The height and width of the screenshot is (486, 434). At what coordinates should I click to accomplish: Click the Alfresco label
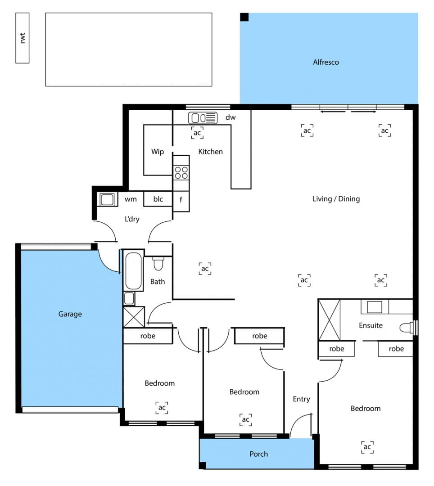click(x=326, y=62)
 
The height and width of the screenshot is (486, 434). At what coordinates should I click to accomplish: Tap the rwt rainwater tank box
click(x=23, y=38)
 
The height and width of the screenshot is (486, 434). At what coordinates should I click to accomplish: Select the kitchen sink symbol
click(x=203, y=118)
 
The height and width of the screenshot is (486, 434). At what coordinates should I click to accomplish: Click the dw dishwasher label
click(x=231, y=117)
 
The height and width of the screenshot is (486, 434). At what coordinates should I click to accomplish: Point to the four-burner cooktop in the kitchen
click(x=181, y=173)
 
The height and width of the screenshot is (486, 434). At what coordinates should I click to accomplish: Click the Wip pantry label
click(x=158, y=152)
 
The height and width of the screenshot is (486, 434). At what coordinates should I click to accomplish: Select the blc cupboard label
click(x=158, y=199)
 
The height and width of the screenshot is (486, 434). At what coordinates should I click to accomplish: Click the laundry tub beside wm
click(x=107, y=199)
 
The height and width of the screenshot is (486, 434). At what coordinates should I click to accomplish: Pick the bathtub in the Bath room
click(x=133, y=270)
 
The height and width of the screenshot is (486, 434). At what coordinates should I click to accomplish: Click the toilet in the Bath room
click(x=158, y=263)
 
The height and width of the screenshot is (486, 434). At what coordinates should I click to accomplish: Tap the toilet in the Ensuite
click(x=407, y=328)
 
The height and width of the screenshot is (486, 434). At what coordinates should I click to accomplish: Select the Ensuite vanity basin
click(x=375, y=306)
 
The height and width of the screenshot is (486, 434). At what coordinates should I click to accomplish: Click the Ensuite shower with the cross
click(x=329, y=320)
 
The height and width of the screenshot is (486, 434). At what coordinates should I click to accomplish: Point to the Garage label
click(x=70, y=314)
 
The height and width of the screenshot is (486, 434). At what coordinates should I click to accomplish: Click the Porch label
click(x=258, y=454)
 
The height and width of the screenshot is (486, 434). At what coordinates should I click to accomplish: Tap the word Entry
click(x=301, y=399)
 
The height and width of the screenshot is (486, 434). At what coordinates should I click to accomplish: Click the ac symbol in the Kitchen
click(x=197, y=133)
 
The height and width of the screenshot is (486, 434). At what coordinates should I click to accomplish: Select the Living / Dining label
click(x=336, y=199)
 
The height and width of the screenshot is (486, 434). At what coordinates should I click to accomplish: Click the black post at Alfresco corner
click(x=244, y=17)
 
